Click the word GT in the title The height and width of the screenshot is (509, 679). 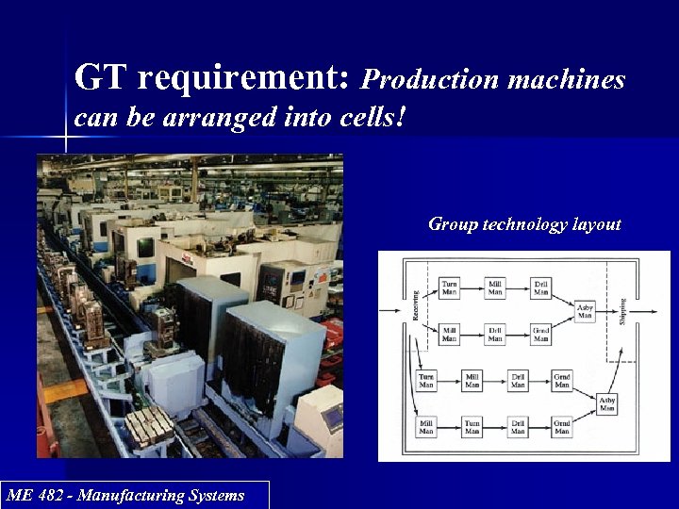(x=101, y=77)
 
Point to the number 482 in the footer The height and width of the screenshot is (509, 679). (x=63, y=495)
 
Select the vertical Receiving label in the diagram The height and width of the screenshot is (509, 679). (x=416, y=304)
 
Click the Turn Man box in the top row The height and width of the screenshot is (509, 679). (x=450, y=288)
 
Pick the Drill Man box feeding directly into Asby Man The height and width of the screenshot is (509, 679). (x=540, y=288)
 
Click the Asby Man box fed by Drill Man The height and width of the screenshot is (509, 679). (x=585, y=312)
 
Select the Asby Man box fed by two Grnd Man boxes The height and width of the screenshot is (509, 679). (x=607, y=403)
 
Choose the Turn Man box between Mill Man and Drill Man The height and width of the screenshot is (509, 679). (x=472, y=427)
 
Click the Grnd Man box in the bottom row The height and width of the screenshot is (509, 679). (x=562, y=427)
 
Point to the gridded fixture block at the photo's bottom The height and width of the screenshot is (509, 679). (x=151, y=429)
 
